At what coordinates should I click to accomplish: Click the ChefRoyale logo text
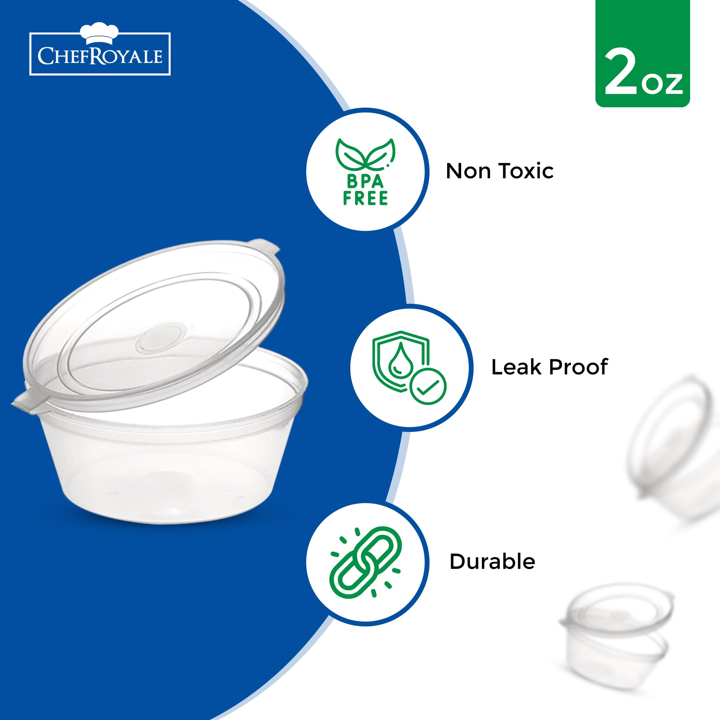(x=100, y=56)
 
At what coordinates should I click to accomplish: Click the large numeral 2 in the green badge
(x=621, y=73)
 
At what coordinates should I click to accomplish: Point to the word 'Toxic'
(x=526, y=171)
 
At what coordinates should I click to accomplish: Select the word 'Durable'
(x=492, y=562)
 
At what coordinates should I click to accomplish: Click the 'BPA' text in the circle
(x=365, y=181)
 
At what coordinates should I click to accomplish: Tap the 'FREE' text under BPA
(x=365, y=199)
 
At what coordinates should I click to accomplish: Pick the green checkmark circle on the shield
(x=428, y=386)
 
